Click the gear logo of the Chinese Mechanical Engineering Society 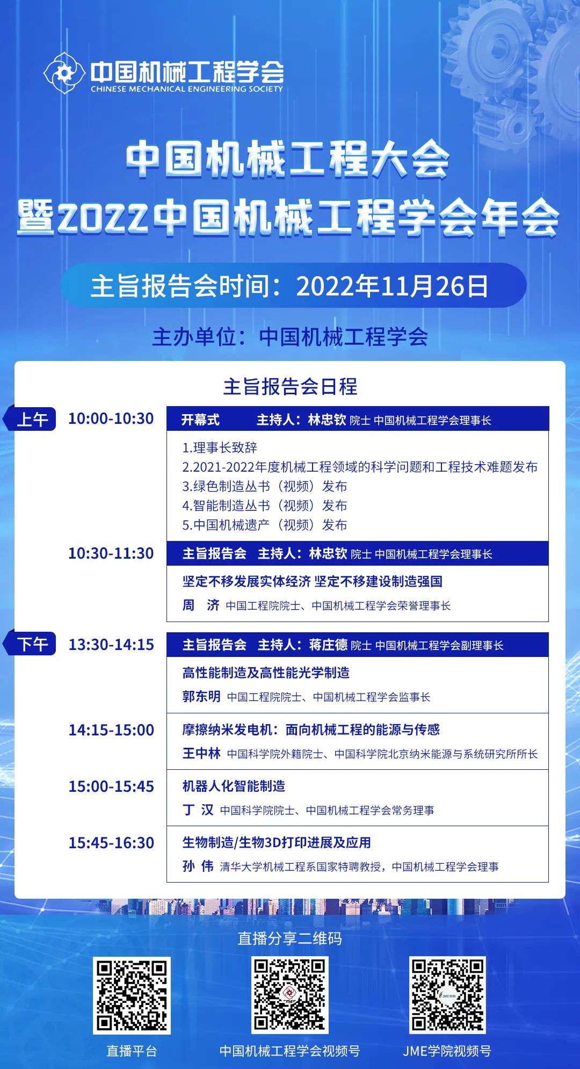(64, 73)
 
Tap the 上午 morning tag (31, 419)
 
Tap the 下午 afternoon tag (31, 644)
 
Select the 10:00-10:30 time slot (111, 418)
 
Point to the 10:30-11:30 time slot (111, 553)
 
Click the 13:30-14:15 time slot (111, 645)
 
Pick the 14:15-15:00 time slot (111, 730)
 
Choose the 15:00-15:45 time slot (111, 786)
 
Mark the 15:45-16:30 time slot (111, 843)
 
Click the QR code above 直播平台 (132, 995)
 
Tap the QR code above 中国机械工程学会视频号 (290, 995)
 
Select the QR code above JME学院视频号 (447, 995)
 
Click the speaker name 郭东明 (201, 697)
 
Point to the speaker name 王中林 (201, 754)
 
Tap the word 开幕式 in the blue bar (200, 420)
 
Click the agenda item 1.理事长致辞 (220, 447)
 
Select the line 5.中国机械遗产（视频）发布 (265, 525)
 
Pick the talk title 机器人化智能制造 (234, 786)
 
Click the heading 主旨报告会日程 (290, 386)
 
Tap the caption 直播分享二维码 (290, 938)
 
